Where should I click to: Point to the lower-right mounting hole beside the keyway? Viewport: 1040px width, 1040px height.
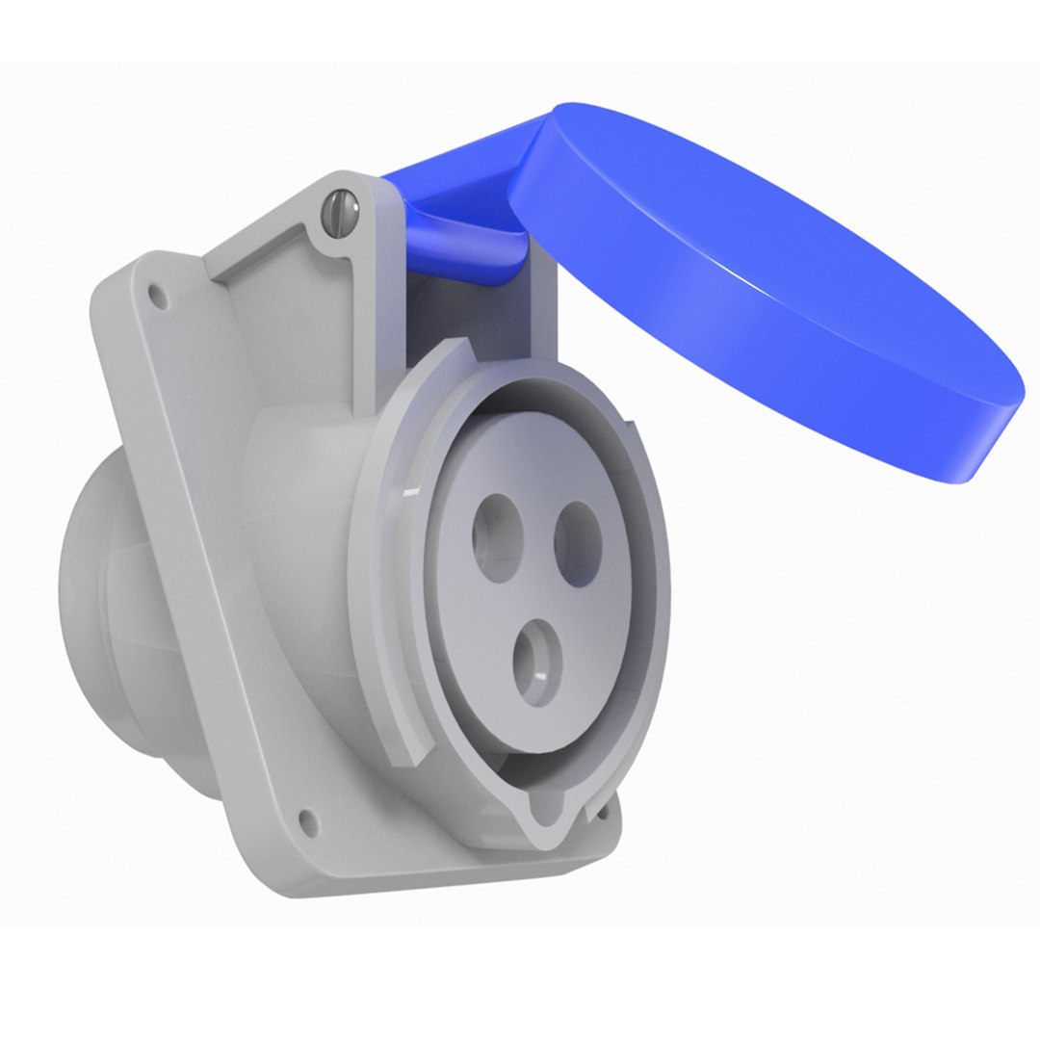(603, 812)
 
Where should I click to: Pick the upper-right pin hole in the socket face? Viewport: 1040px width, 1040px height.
(579, 544)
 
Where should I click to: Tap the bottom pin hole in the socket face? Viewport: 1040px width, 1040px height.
(537, 662)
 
